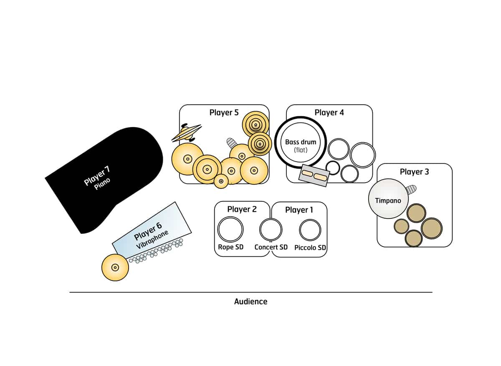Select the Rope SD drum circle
(230, 229)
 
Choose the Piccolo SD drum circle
(310, 230)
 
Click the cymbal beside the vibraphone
(115, 267)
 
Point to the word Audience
(250, 301)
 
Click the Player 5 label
(224, 113)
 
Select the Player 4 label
(329, 113)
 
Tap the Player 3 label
(414, 171)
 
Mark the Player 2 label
(242, 209)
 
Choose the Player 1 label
(299, 210)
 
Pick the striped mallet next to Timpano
(411, 190)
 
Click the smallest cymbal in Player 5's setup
(221, 180)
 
